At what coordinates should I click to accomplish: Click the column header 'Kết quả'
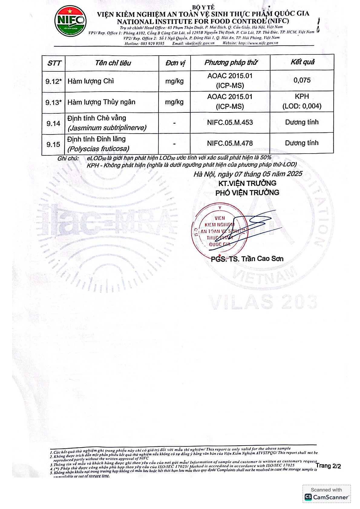coord(302,62)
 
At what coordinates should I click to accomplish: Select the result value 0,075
coord(302,80)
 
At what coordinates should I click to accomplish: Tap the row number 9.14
coord(53,123)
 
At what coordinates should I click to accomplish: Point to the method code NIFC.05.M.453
coord(230,122)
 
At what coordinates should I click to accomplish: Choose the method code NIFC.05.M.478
coord(230,143)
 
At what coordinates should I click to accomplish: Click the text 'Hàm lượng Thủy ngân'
coord(101,102)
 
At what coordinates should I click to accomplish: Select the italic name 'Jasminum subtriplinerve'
coord(107,128)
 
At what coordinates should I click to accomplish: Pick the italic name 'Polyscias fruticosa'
coord(99,149)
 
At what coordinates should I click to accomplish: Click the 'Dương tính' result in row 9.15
coord(302,143)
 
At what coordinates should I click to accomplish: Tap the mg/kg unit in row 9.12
coord(174,81)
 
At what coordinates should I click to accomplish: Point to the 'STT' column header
coord(54,63)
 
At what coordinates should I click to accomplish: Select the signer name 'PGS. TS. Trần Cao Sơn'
coord(247,259)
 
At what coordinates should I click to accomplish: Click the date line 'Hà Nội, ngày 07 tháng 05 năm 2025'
coord(248,174)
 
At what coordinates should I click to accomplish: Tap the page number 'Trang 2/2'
coord(328,466)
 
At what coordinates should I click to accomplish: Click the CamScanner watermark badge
coord(326,494)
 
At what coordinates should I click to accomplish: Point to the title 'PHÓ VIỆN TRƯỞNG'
coord(247,193)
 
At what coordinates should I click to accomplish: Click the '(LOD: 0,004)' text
coord(302,106)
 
